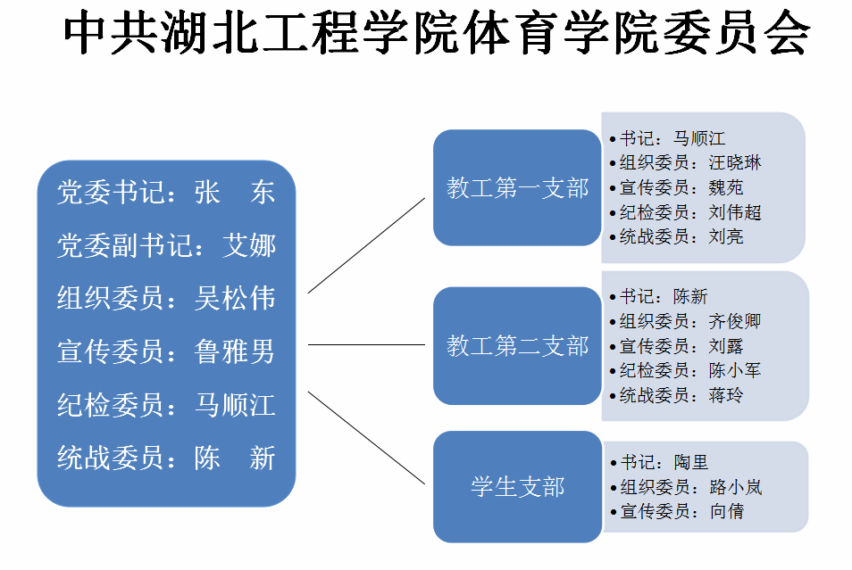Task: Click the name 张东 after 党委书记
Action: (235, 193)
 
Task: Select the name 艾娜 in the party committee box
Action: (249, 246)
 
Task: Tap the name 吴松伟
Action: (235, 299)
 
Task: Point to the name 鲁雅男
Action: (235, 351)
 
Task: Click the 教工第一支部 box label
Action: (517, 188)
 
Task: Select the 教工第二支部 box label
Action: (517, 346)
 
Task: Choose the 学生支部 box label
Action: (517, 487)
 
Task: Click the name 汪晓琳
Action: (735, 163)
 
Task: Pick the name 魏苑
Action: (726, 188)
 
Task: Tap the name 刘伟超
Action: (735, 212)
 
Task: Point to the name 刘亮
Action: (726, 236)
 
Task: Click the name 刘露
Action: (726, 346)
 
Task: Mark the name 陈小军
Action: (735, 371)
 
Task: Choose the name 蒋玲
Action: (726, 395)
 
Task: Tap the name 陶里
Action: (691, 463)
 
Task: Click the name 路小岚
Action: (736, 487)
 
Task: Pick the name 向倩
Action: (727, 511)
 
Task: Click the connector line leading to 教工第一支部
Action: (366, 246)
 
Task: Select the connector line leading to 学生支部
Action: (366, 438)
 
